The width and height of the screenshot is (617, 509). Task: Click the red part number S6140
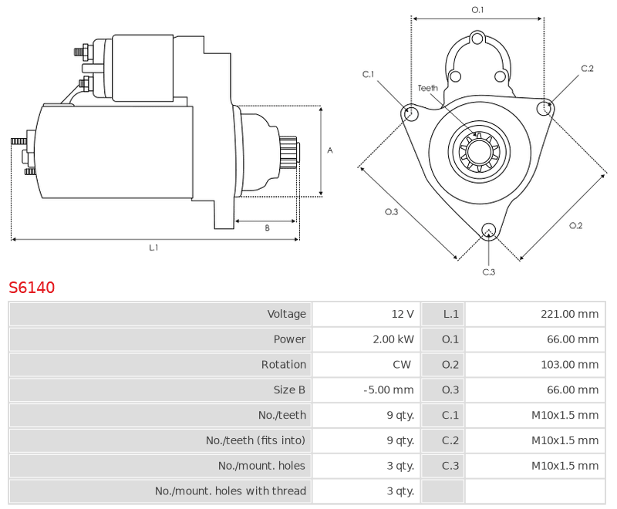(x=32, y=288)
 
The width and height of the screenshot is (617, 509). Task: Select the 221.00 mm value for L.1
(x=569, y=314)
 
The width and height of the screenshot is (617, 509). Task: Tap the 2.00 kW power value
(x=393, y=339)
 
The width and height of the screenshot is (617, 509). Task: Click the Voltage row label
(x=286, y=314)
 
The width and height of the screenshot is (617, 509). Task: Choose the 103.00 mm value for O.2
(x=569, y=365)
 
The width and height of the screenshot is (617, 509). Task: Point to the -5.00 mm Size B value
(x=389, y=389)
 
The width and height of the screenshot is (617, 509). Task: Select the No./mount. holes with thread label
(x=230, y=491)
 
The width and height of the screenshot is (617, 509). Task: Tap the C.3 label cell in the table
(x=450, y=466)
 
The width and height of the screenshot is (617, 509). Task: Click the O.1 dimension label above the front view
(x=477, y=10)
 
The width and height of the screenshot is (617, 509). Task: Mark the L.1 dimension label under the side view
(x=153, y=248)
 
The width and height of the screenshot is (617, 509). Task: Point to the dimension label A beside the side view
(x=330, y=150)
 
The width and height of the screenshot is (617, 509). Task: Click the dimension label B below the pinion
(x=267, y=228)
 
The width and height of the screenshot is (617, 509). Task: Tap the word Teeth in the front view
(x=428, y=88)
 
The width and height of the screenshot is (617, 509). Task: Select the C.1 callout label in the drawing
(x=368, y=74)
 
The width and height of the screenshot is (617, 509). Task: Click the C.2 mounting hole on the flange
(x=545, y=107)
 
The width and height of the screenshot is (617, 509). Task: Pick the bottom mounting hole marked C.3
(x=489, y=230)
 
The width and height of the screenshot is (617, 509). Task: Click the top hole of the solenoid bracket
(x=477, y=39)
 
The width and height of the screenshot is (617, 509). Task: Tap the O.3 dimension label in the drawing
(x=391, y=211)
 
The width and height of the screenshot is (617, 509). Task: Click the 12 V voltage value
(x=403, y=314)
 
